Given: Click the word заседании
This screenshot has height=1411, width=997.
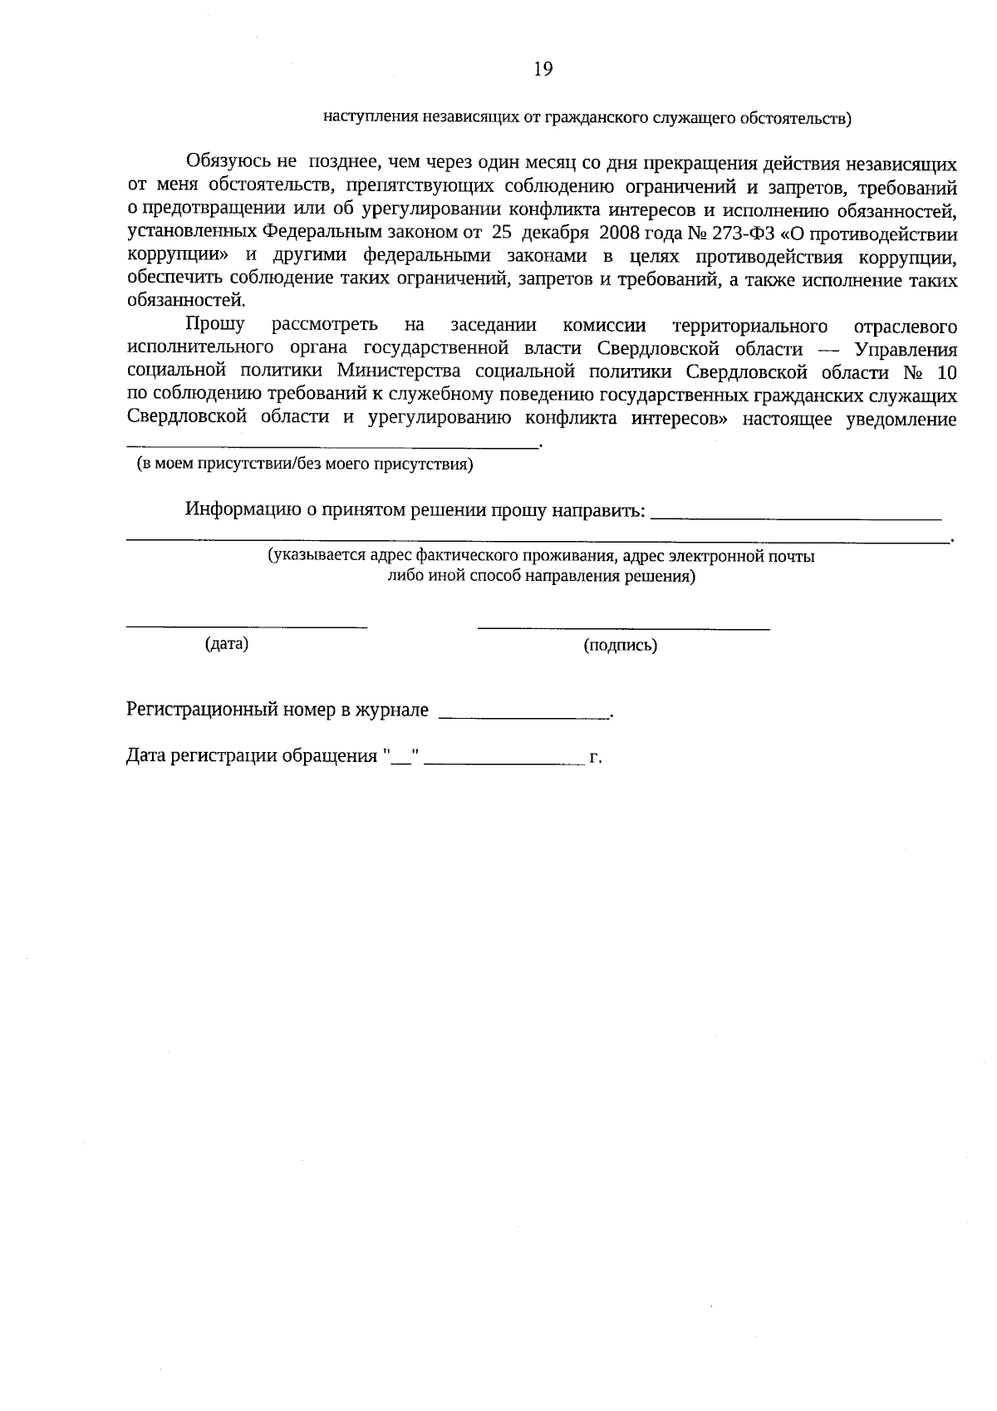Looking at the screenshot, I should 493,325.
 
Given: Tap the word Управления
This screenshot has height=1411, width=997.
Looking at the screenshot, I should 906,348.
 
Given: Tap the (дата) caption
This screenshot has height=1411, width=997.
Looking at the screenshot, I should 227,643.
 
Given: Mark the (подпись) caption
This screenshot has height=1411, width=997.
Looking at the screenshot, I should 620,645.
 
